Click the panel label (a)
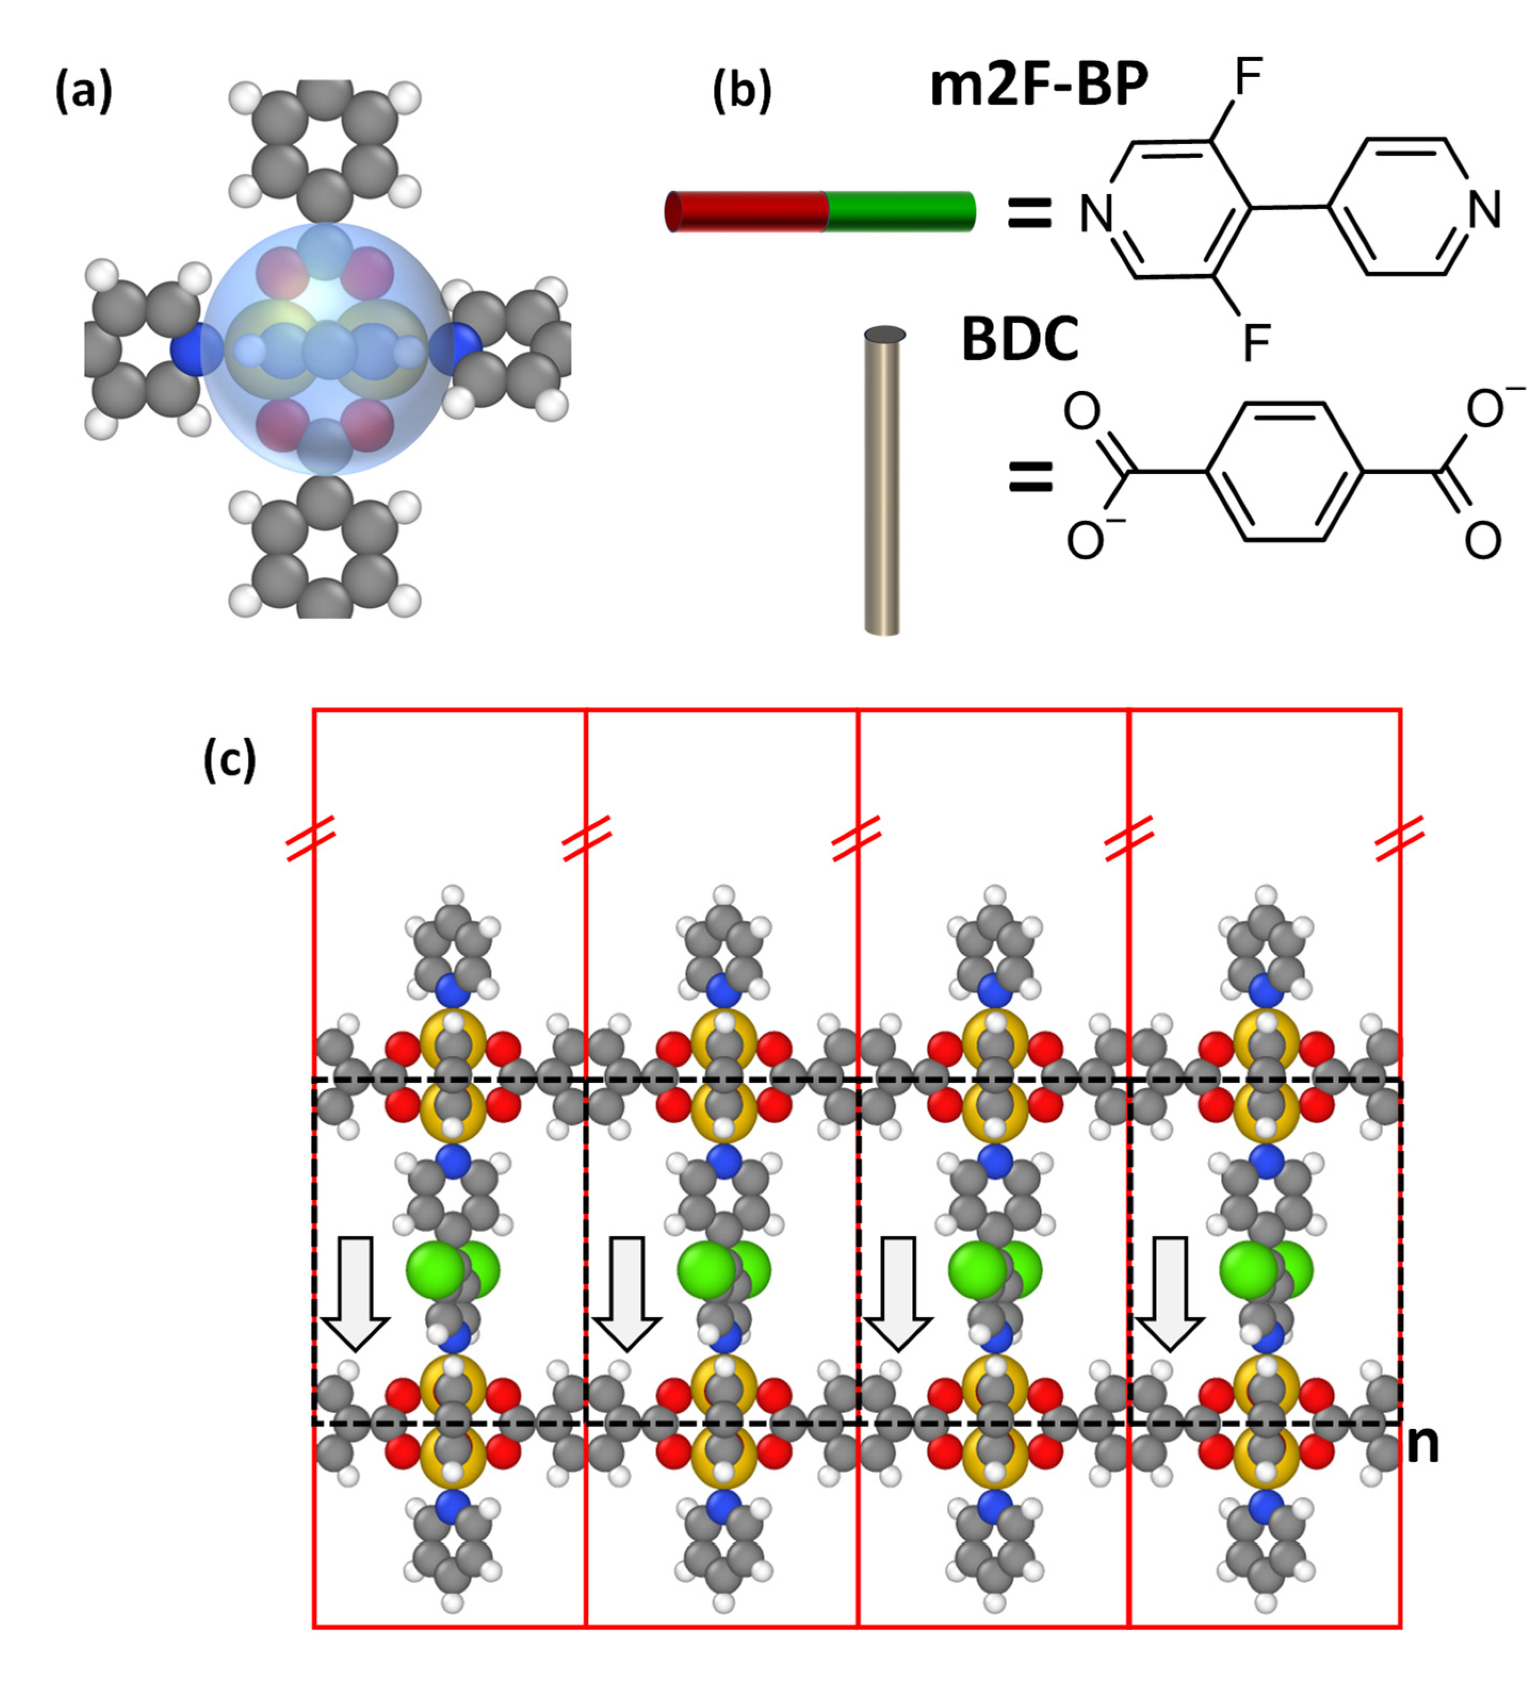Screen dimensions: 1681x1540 [x=84, y=91]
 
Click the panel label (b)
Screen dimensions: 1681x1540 [x=741, y=91]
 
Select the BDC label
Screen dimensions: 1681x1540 [x=1020, y=340]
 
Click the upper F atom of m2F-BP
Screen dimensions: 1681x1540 [x=1248, y=78]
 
